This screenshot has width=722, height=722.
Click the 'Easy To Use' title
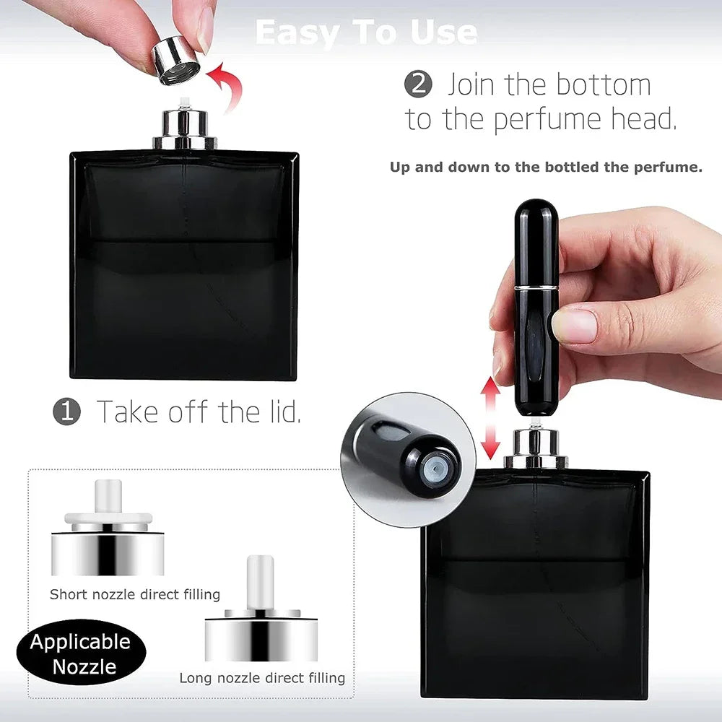tap(365, 33)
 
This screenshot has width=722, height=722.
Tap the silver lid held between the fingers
tap(177, 59)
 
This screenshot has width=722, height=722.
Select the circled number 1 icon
tap(67, 412)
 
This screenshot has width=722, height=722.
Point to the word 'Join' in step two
tap(472, 85)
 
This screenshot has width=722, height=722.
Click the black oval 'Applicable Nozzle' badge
tap(80, 653)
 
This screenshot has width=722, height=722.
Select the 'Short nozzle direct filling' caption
tap(135, 595)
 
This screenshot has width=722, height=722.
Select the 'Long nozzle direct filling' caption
tap(262, 678)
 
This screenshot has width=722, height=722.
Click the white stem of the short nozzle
tap(108, 498)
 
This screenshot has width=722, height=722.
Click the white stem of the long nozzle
tap(260, 581)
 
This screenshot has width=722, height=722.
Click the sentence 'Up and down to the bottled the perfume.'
tap(546, 168)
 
